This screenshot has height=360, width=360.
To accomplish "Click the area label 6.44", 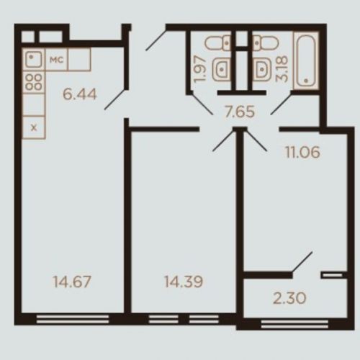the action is [80, 94].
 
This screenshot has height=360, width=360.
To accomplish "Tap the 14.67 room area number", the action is [72, 282].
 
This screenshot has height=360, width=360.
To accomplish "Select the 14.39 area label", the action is [184, 282].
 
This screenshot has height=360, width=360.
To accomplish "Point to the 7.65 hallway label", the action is [239, 112].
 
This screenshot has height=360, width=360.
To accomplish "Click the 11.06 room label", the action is [302, 152].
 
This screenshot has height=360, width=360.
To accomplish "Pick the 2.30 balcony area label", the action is [289, 298].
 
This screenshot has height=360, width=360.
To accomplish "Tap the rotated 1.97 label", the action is [200, 69].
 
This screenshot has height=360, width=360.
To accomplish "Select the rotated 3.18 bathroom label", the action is [282, 69].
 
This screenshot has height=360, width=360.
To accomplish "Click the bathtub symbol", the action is [306, 60].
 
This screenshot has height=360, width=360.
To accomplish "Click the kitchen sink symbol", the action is [33, 60].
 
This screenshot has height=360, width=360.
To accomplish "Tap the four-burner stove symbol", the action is [34, 82].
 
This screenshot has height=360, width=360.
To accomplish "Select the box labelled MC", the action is [57, 60].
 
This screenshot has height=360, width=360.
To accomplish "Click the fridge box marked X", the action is [34, 127].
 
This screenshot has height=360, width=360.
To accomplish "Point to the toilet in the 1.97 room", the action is [218, 43].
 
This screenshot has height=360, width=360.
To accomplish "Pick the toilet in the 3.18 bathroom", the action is [265, 43].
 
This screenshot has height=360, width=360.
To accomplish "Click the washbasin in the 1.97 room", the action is [222, 70].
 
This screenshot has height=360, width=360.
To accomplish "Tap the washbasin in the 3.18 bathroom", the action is [261, 70].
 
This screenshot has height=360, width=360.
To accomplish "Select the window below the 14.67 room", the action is [73, 319].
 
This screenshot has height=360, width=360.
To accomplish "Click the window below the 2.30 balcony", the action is [294, 324].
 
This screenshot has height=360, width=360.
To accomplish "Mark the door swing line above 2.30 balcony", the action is [302, 262].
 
